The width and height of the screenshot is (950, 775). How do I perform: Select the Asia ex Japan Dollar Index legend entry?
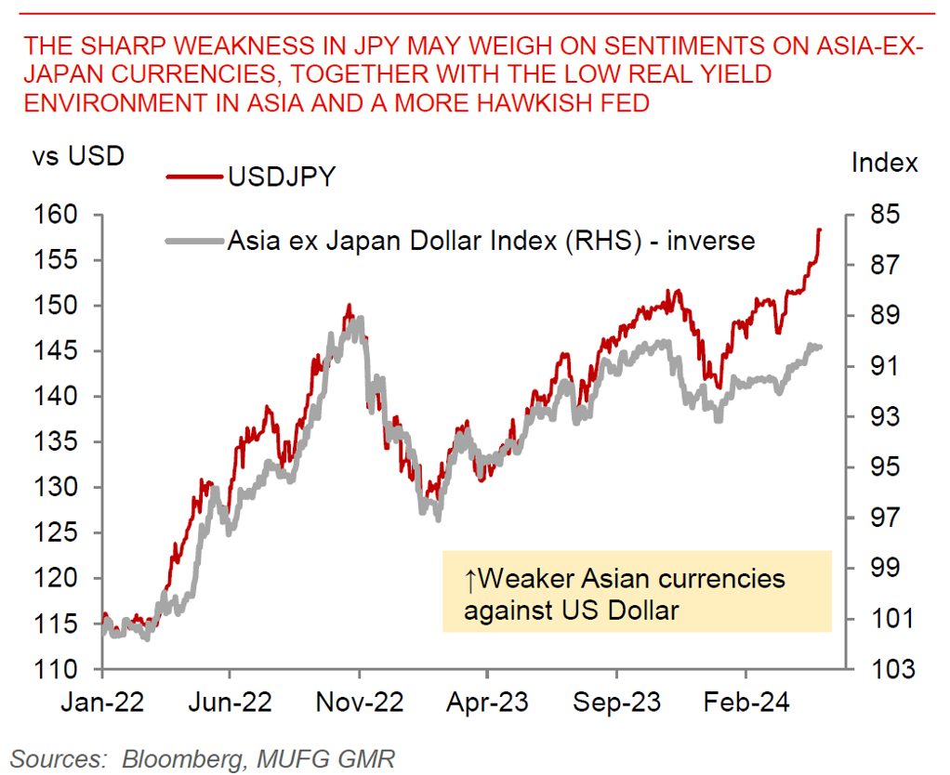pos(491,241)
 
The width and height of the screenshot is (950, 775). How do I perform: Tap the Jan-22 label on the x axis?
pos(102,702)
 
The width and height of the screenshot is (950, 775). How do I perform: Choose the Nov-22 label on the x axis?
pos(360,702)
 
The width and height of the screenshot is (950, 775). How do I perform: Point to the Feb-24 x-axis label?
pos(746,702)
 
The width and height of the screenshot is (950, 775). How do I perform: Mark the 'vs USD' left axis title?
pos(78,156)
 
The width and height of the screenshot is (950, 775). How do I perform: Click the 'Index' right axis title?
pos(884,163)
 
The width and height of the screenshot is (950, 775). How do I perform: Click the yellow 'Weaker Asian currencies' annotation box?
pos(636,592)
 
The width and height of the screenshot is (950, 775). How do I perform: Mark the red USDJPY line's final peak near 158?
pos(819,230)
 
